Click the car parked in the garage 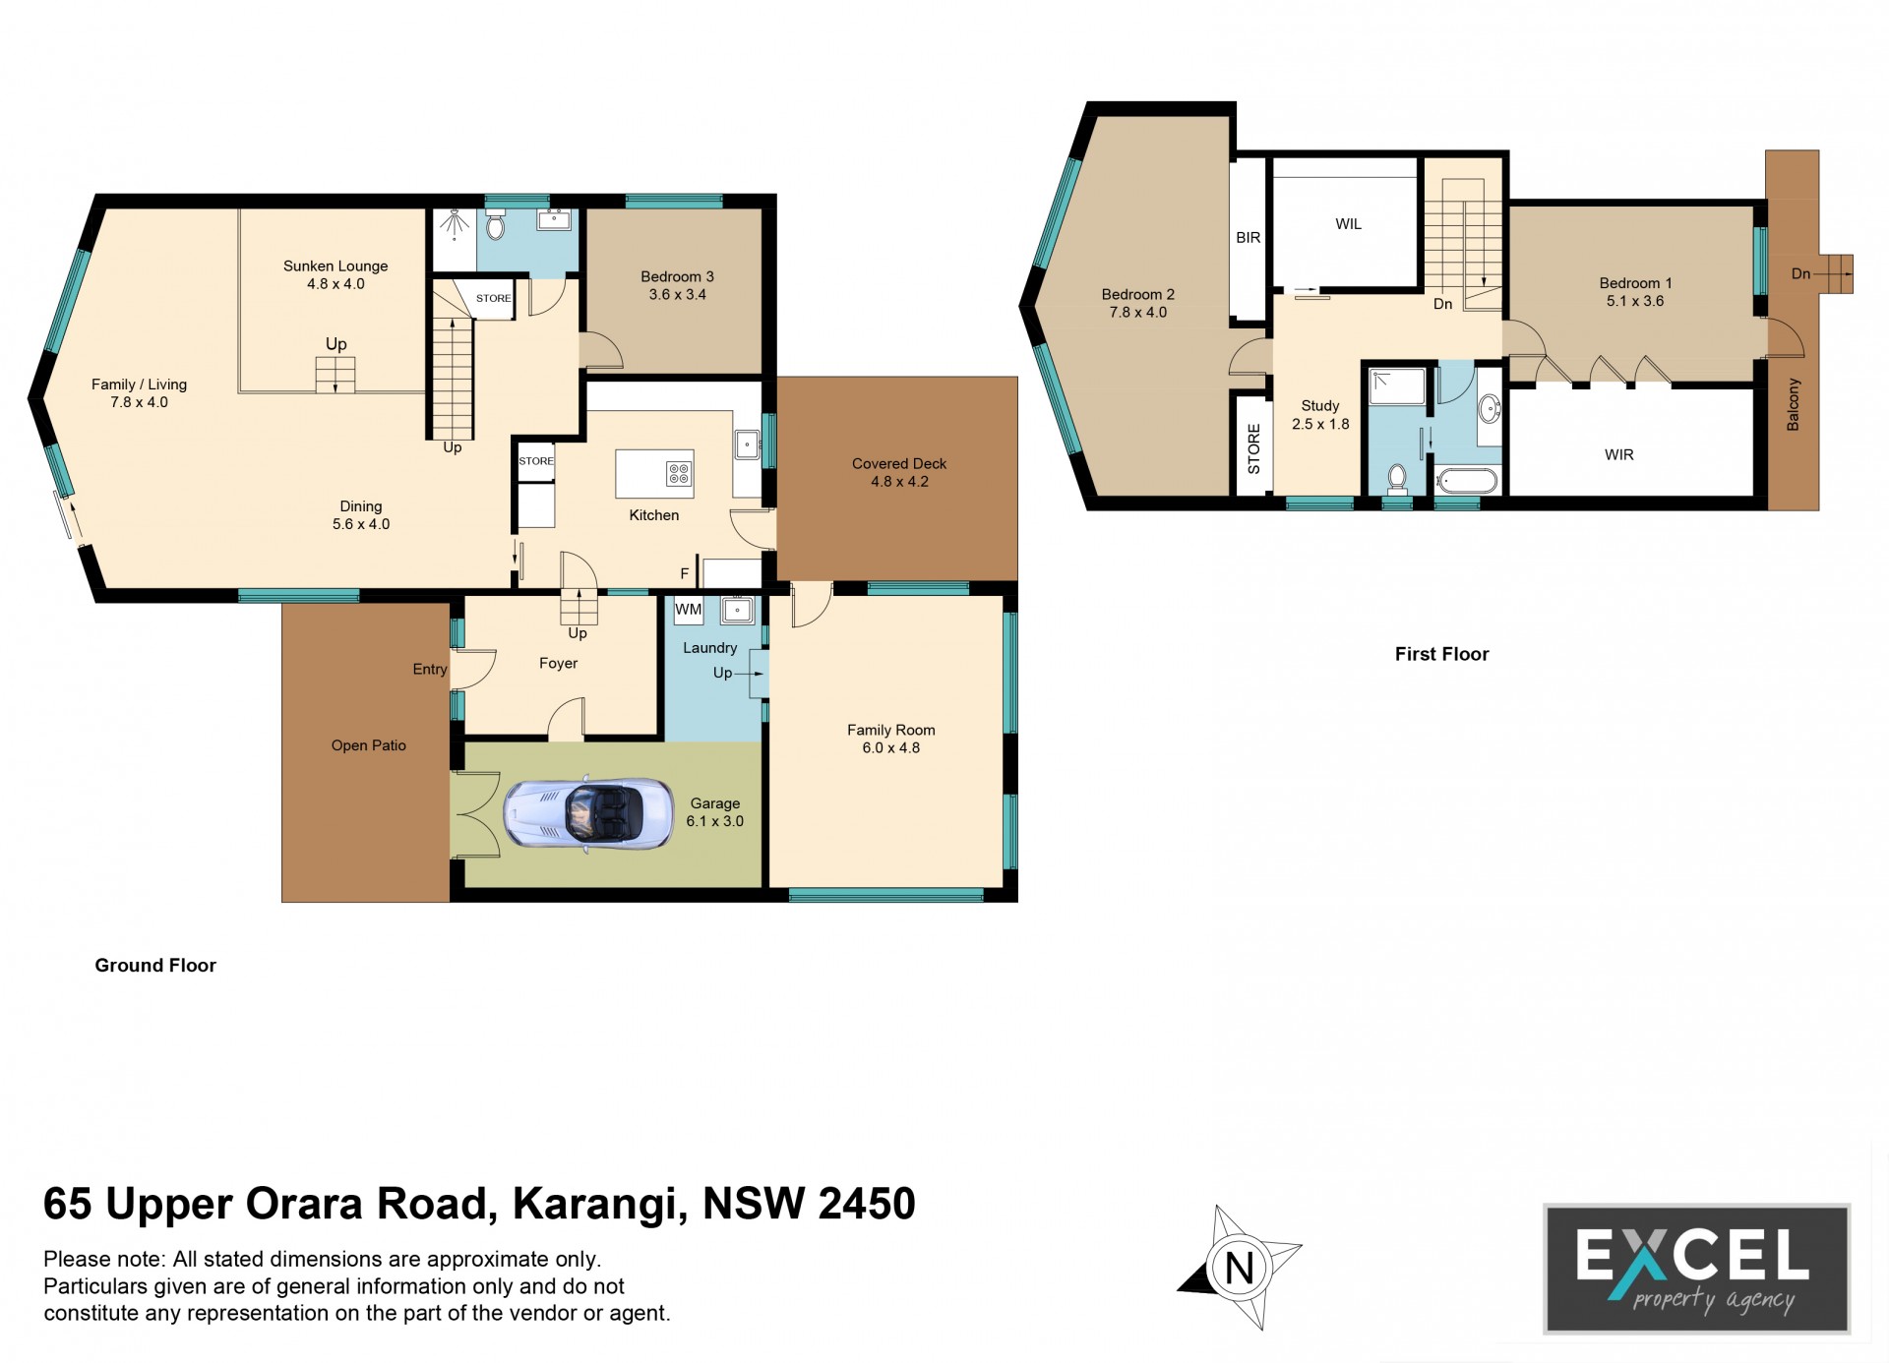tap(588, 812)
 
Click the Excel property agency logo tap(1697, 1269)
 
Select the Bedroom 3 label tap(677, 276)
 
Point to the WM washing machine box tap(689, 610)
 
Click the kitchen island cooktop tap(679, 474)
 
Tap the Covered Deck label tap(899, 463)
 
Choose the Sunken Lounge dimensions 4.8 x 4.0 tap(335, 284)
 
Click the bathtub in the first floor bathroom tap(1467, 481)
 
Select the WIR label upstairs tap(1618, 454)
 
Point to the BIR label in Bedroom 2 tap(1248, 237)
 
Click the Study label tap(1320, 405)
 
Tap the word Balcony tap(1793, 404)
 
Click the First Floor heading tap(1441, 654)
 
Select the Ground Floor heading tap(155, 966)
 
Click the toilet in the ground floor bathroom tap(496, 225)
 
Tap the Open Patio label tap(369, 745)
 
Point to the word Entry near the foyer tap(430, 669)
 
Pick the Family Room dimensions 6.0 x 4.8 tap(891, 747)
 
